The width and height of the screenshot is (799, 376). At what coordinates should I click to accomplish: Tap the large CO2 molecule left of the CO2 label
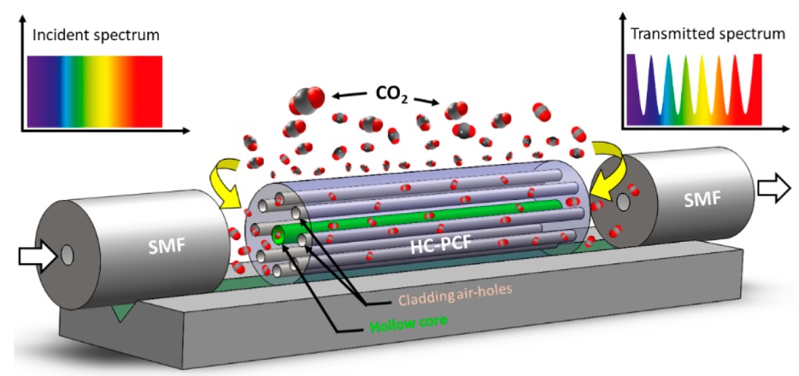pos(305,102)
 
